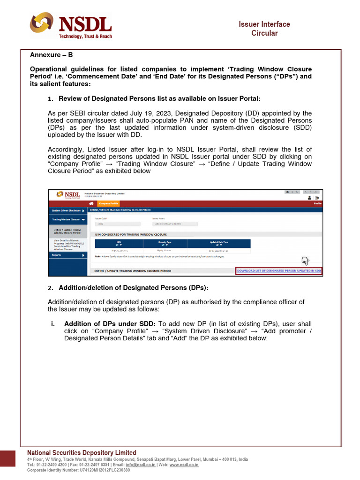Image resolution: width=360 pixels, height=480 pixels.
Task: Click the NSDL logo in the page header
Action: click(x=71, y=26)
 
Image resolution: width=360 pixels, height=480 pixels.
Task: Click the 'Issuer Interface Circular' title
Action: click(x=264, y=29)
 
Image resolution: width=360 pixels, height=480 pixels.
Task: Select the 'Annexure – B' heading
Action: click(x=52, y=55)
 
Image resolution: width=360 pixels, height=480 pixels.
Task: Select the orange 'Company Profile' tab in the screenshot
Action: click(x=108, y=203)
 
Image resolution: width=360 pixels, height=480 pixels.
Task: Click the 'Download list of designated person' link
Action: click(x=279, y=271)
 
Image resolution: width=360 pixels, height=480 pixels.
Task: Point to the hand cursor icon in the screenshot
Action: click(x=305, y=261)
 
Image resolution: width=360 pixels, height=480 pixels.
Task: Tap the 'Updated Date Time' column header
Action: click(x=219, y=244)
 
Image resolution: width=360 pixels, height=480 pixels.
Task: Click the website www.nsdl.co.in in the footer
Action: click(x=184, y=465)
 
